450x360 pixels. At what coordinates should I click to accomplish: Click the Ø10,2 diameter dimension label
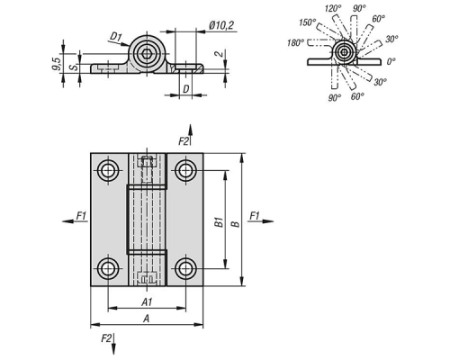221,26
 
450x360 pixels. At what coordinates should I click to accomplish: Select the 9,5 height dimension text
57,64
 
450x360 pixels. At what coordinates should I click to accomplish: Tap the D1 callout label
116,37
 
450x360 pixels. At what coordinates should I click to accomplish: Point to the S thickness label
74,67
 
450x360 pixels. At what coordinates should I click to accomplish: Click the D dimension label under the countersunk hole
186,89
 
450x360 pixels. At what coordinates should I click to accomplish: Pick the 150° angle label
308,22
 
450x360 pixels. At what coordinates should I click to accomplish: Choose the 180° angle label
296,43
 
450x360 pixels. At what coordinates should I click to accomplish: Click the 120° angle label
333,8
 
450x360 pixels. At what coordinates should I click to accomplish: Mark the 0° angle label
391,62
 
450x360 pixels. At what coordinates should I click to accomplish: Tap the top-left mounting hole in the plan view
108,171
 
